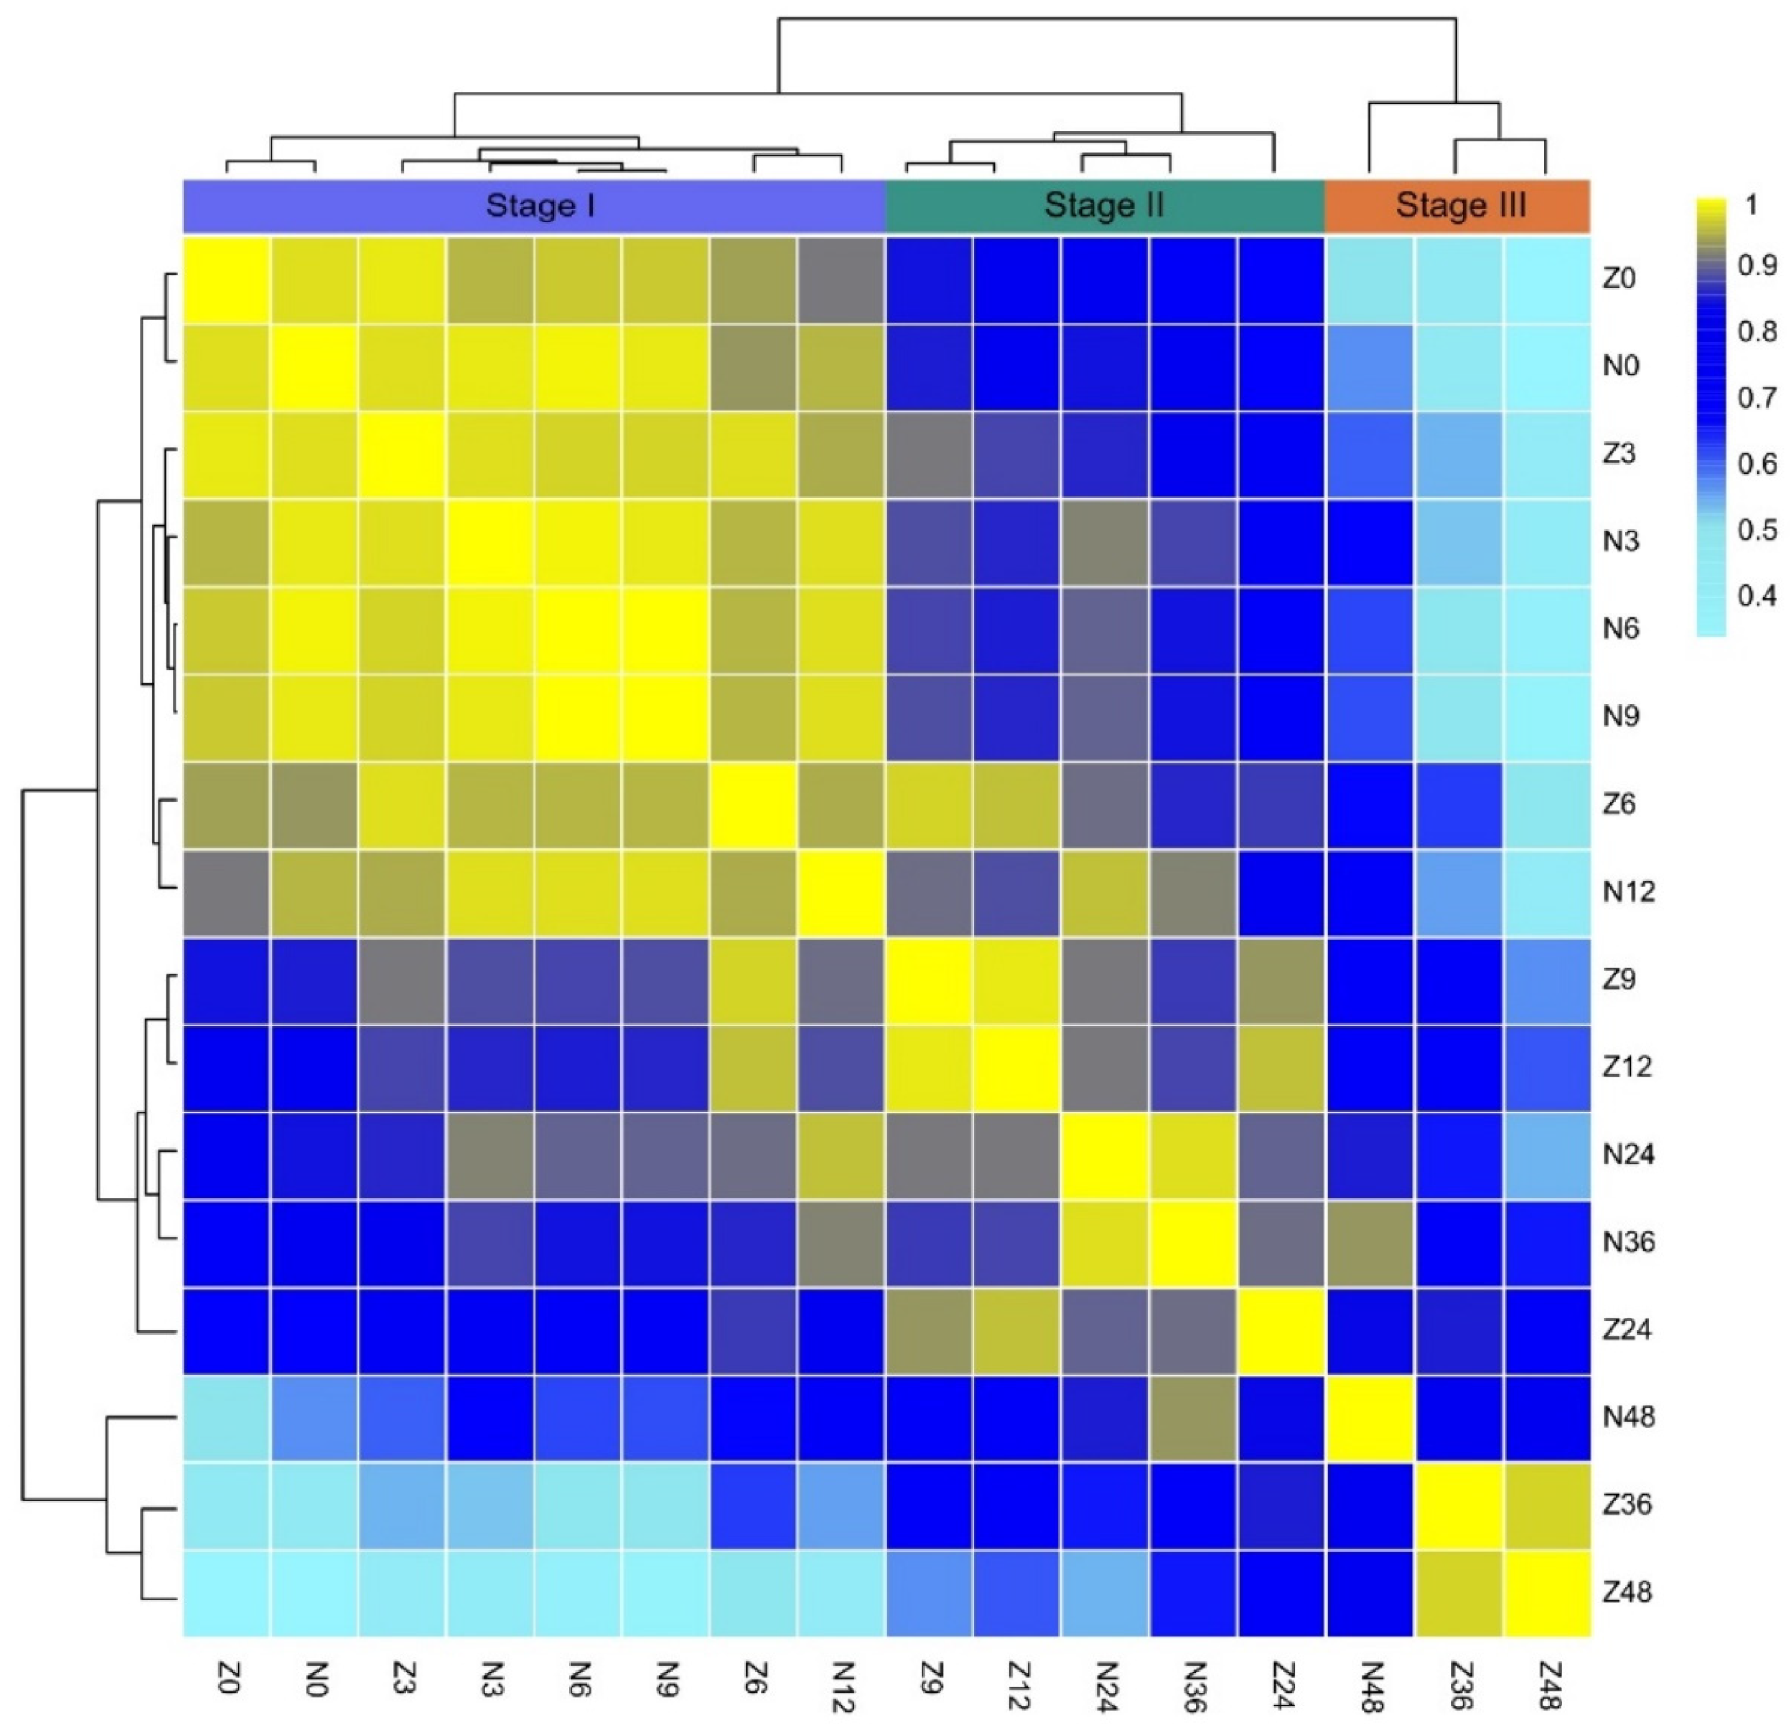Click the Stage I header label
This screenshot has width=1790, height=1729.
pyautogui.click(x=540, y=206)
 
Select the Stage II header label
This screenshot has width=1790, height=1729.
pyautogui.click(x=1104, y=206)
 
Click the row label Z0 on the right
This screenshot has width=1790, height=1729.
pyautogui.click(x=1619, y=279)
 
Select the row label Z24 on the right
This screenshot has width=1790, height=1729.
pyautogui.click(x=1627, y=1329)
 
